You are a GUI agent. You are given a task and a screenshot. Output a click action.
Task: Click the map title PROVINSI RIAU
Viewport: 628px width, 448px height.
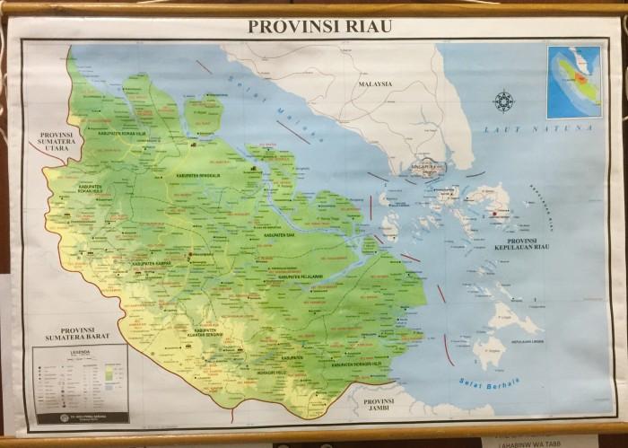(x=319, y=26)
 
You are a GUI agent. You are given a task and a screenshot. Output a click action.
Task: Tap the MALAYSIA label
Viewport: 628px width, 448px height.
(x=375, y=84)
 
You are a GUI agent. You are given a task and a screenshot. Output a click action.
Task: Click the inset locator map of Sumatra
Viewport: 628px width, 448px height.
(x=575, y=81)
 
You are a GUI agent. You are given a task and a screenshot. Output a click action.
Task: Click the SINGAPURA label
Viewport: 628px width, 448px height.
(x=424, y=167)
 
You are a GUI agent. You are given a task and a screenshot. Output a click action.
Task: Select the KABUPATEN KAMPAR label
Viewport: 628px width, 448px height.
(x=152, y=264)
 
